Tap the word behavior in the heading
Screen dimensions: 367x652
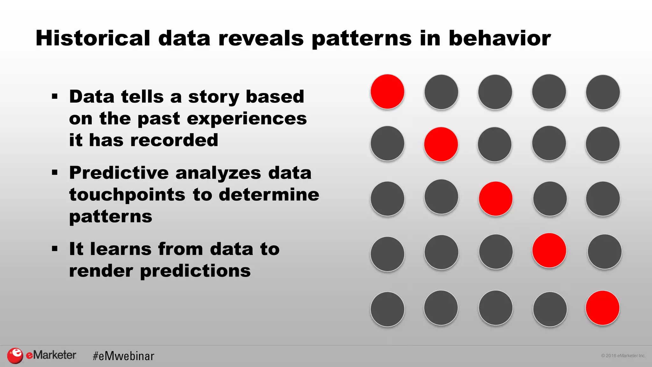[500, 38]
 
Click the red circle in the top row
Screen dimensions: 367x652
[387, 92]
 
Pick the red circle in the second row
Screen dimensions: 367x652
[441, 144]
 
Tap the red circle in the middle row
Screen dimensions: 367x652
[495, 199]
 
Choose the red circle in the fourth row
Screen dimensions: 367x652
[549, 250]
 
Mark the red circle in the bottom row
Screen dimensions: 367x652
[602, 308]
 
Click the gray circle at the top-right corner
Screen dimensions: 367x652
[603, 92]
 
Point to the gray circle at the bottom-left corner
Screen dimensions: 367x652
[387, 309]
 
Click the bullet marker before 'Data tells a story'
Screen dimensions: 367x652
[55, 96]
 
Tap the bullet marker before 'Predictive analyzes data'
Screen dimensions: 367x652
[55, 173]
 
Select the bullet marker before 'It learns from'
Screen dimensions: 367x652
[55, 249]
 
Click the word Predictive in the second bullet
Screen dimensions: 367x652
[119, 173]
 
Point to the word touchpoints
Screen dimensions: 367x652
[127, 195]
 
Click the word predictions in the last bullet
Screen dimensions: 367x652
[195, 271]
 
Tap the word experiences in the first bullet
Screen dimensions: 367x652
[247, 119]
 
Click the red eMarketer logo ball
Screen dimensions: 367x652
[15, 356]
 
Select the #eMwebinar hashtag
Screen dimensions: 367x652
[124, 356]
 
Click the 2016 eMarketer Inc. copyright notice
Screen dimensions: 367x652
[623, 356]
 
